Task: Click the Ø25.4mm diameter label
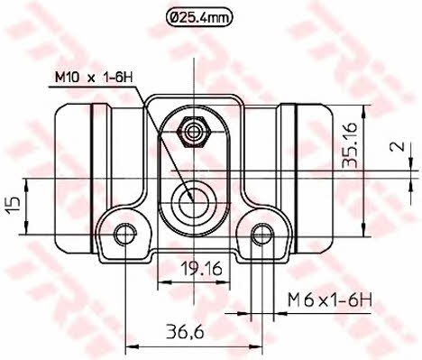click(x=199, y=18)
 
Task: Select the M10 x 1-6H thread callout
click(x=94, y=78)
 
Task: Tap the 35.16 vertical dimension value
click(x=351, y=144)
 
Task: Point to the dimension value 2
click(x=397, y=146)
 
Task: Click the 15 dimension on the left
click(x=14, y=206)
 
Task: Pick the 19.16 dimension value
click(x=201, y=269)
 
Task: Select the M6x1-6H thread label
click(x=330, y=300)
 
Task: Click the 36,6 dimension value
click(x=185, y=332)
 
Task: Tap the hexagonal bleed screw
click(x=194, y=132)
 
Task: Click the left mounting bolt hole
click(x=124, y=235)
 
